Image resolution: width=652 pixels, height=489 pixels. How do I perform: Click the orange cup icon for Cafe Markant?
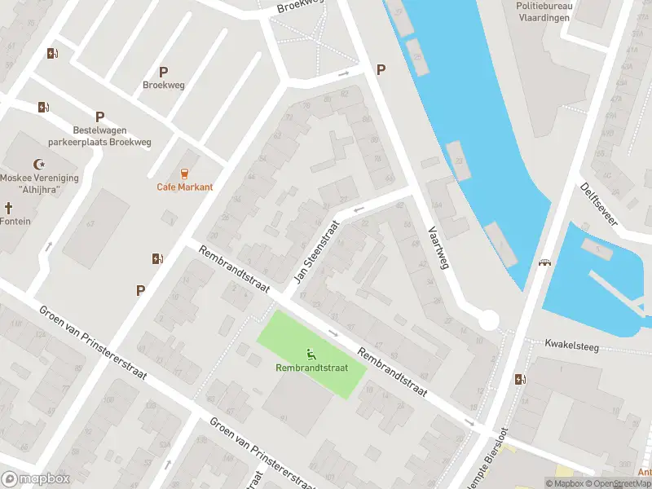click(x=185, y=173)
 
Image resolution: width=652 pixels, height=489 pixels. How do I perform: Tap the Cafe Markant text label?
click(x=185, y=187)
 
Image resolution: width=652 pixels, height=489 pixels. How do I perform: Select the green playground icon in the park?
click(x=311, y=355)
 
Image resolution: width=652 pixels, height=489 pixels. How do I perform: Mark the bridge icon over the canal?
click(x=544, y=263)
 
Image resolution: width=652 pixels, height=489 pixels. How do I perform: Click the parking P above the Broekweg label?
click(x=163, y=72)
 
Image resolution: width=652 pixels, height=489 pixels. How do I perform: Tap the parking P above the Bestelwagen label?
click(x=99, y=117)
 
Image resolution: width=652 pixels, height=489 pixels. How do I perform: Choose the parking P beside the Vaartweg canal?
click(x=381, y=71)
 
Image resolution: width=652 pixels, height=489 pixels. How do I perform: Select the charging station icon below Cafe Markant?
click(x=156, y=259)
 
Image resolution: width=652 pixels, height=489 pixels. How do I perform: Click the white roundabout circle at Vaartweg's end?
click(x=488, y=320)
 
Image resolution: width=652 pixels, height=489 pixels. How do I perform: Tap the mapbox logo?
click(x=36, y=479)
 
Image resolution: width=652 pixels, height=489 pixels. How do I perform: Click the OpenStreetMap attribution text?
click(x=620, y=483)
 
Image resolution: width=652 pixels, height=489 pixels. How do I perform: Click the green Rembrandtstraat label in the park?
click(x=311, y=368)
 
